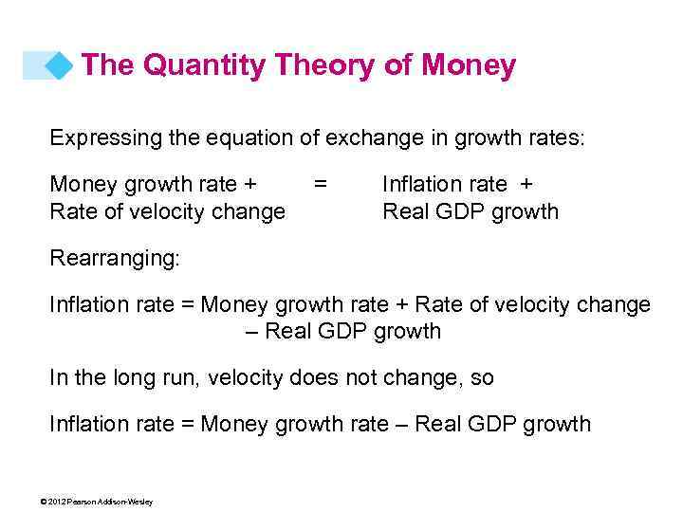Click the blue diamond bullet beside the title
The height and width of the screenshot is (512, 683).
[60, 66]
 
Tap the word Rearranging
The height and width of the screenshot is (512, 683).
[112, 258]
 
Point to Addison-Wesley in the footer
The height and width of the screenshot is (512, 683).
[120, 502]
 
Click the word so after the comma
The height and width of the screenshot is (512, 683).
[481, 377]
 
